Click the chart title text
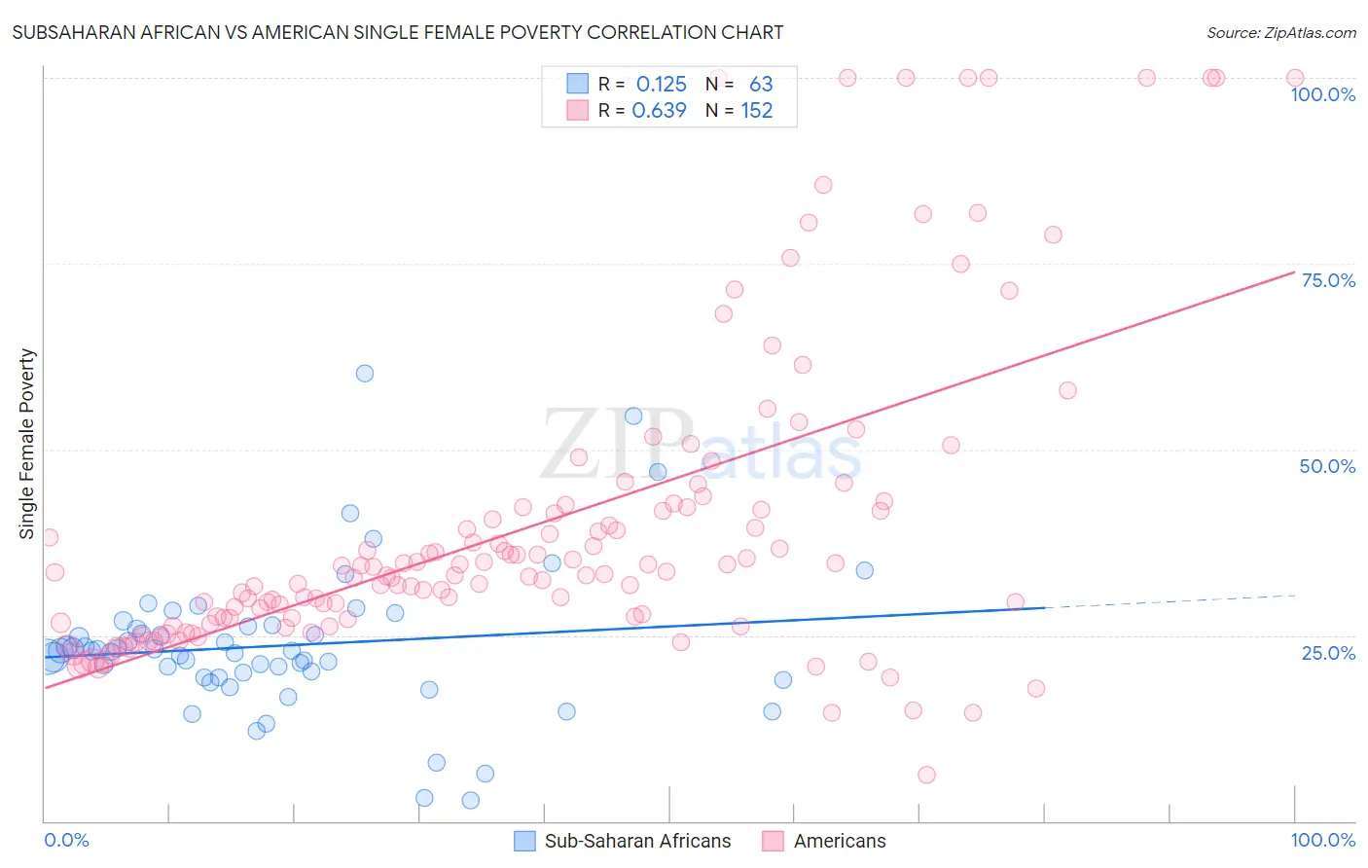click(397, 32)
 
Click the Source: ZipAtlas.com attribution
click(1280, 32)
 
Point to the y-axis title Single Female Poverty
click(27, 444)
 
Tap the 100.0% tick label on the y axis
click(1322, 94)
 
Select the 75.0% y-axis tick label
click(1328, 280)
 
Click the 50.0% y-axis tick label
click(1327, 466)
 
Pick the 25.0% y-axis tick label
click(1328, 652)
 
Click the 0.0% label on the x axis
click(66, 840)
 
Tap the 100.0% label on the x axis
click(1322, 840)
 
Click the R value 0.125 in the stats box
click(661, 85)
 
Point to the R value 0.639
click(659, 111)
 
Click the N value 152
click(757, 111)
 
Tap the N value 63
click(761, 85)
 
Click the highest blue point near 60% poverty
click(365, 373)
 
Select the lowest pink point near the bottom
click(926, 775)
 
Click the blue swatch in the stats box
click(578, 85)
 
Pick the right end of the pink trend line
click(1294, 271)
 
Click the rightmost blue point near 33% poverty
click(864, 570)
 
